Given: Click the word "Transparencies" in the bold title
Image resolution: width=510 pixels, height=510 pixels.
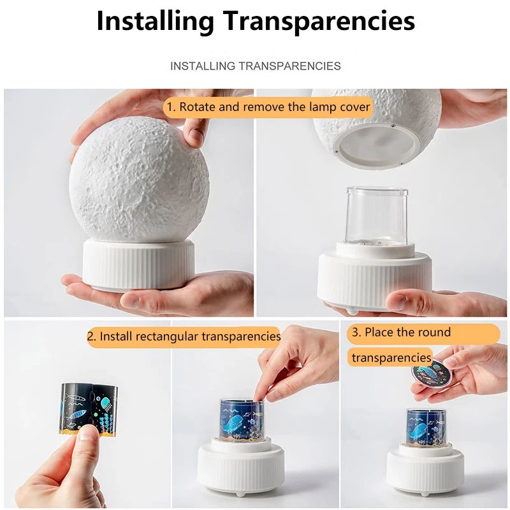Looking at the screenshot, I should point(319,21).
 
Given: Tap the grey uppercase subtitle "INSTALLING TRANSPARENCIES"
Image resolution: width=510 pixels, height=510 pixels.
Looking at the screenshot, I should point(255,66).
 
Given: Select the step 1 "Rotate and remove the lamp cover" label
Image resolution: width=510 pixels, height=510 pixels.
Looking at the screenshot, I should point(268,107).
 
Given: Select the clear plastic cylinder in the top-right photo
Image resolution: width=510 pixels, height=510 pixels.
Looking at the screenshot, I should point(376,217).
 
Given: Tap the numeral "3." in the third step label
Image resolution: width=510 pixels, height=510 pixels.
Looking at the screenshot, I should point(357,333).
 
